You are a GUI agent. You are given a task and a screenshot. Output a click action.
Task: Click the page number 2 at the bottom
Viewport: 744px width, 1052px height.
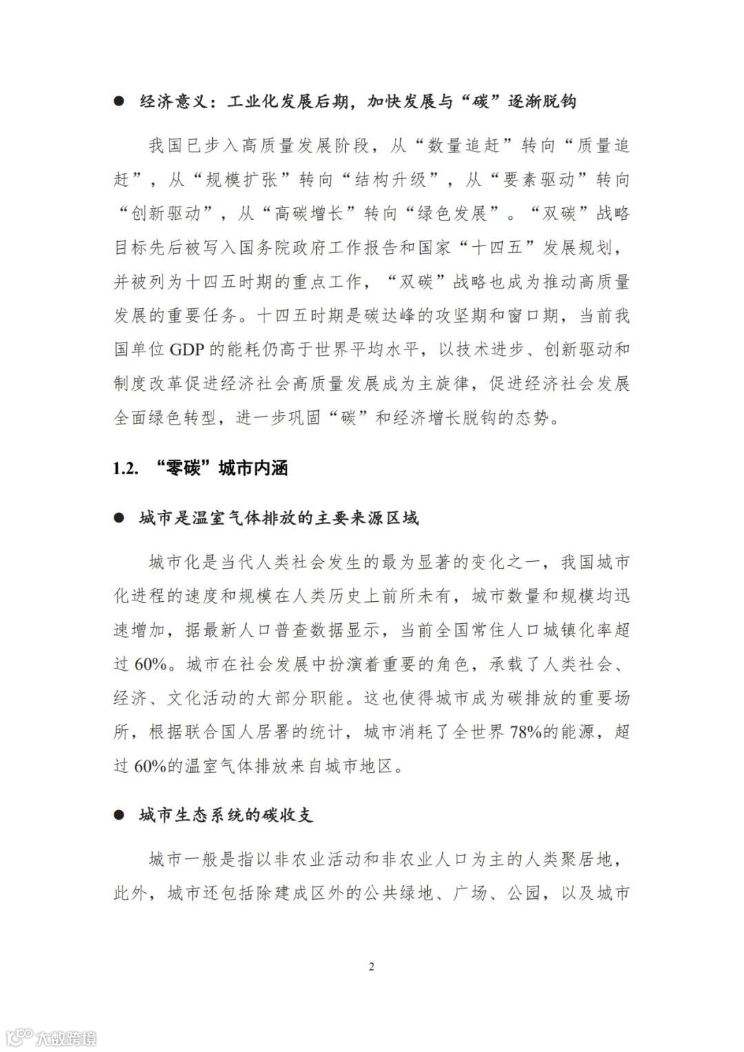371,967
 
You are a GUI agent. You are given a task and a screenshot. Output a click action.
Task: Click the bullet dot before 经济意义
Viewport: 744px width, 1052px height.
118,102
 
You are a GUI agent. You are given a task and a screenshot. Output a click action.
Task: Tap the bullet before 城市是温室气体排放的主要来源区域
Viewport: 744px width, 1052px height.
118,518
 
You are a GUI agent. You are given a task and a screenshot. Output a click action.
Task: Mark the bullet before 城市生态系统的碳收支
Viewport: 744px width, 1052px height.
118,816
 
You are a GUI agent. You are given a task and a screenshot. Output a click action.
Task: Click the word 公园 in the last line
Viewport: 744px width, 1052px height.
524,894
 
